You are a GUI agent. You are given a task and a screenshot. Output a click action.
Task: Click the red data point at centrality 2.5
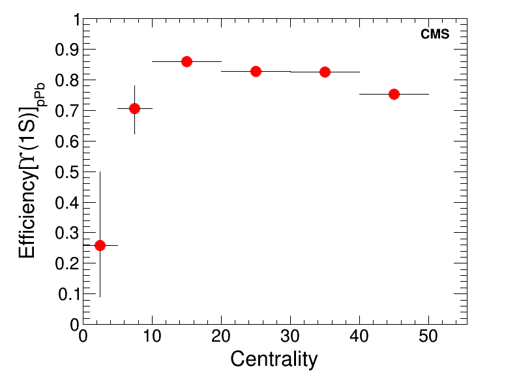point(100,245)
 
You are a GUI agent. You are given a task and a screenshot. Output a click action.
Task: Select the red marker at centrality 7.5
point(134,108)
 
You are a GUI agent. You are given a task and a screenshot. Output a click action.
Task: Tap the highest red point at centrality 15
point(186,61)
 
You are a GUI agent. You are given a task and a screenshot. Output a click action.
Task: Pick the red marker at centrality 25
point(256,71)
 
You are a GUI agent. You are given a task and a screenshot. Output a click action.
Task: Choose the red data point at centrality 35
point(325,72)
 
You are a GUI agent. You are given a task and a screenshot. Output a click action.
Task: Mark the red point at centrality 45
point(394,94)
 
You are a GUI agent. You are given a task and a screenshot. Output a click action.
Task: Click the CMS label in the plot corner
point(435,35)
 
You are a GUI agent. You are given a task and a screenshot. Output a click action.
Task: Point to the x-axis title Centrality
point(274,359)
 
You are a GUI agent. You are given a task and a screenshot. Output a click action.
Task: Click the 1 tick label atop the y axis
point(76,20)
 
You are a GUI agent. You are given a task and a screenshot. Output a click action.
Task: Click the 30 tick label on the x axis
point(290,337)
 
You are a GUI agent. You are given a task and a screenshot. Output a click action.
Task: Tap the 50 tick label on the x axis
point(428,337)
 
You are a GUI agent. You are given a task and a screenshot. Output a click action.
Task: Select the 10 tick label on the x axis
point(152,337)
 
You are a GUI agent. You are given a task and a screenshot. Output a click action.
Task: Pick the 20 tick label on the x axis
point(221,337)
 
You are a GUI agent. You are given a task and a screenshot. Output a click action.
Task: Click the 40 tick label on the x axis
point(359,337)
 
